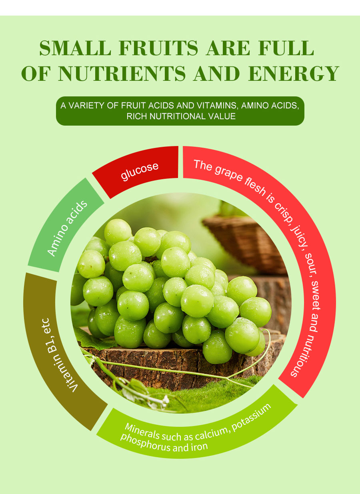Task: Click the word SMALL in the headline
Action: click(75, 48)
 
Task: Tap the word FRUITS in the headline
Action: click(158, 48)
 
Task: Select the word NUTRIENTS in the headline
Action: click(122, 73)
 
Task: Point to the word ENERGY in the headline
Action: click(294, 73)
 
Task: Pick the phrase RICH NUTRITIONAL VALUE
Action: click(181, 116)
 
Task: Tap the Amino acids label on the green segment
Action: click(67, 228)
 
